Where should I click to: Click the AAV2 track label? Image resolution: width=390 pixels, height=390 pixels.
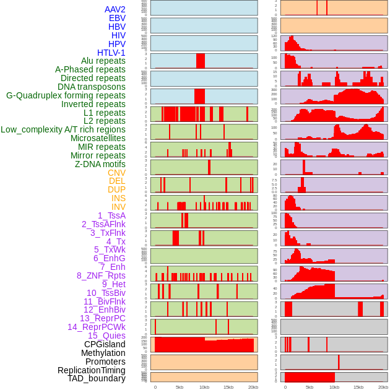[115, 9]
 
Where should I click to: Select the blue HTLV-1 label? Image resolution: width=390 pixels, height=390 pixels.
[111, 53]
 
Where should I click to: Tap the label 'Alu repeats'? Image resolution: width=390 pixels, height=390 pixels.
[103, 61]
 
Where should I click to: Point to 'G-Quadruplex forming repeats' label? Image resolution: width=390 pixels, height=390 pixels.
[66, 95]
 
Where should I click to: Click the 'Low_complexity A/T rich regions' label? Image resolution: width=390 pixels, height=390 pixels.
[63, 129]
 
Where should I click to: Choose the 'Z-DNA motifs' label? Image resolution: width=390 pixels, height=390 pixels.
[100, 164]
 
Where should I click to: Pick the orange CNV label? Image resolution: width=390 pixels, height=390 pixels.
[116, 173]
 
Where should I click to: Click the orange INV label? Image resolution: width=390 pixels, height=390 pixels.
[118, 207]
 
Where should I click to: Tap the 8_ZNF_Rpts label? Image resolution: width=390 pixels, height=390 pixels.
[101, 275]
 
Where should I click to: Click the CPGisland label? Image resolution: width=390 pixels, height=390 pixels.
[105, 344]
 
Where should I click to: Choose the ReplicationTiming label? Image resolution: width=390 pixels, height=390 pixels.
[92, 370]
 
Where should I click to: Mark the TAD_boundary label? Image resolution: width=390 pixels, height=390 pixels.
[97, 378]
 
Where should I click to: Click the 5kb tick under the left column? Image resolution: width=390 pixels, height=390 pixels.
[180, 387]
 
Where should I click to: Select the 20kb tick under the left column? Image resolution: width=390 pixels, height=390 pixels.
[253, 387]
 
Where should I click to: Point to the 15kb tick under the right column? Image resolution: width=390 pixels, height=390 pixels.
[358, 387]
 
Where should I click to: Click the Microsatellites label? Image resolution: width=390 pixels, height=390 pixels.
[98, 138]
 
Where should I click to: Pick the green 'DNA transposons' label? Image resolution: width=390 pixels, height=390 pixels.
[92, 87]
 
